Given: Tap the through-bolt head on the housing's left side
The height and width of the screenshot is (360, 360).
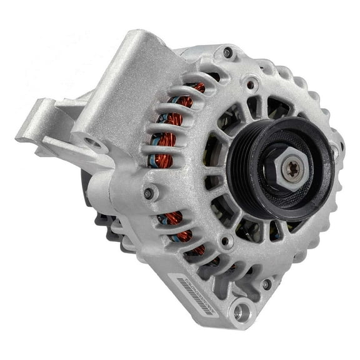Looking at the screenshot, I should [148, 193].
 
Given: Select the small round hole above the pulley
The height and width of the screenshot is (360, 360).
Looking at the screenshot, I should [251, 82].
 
